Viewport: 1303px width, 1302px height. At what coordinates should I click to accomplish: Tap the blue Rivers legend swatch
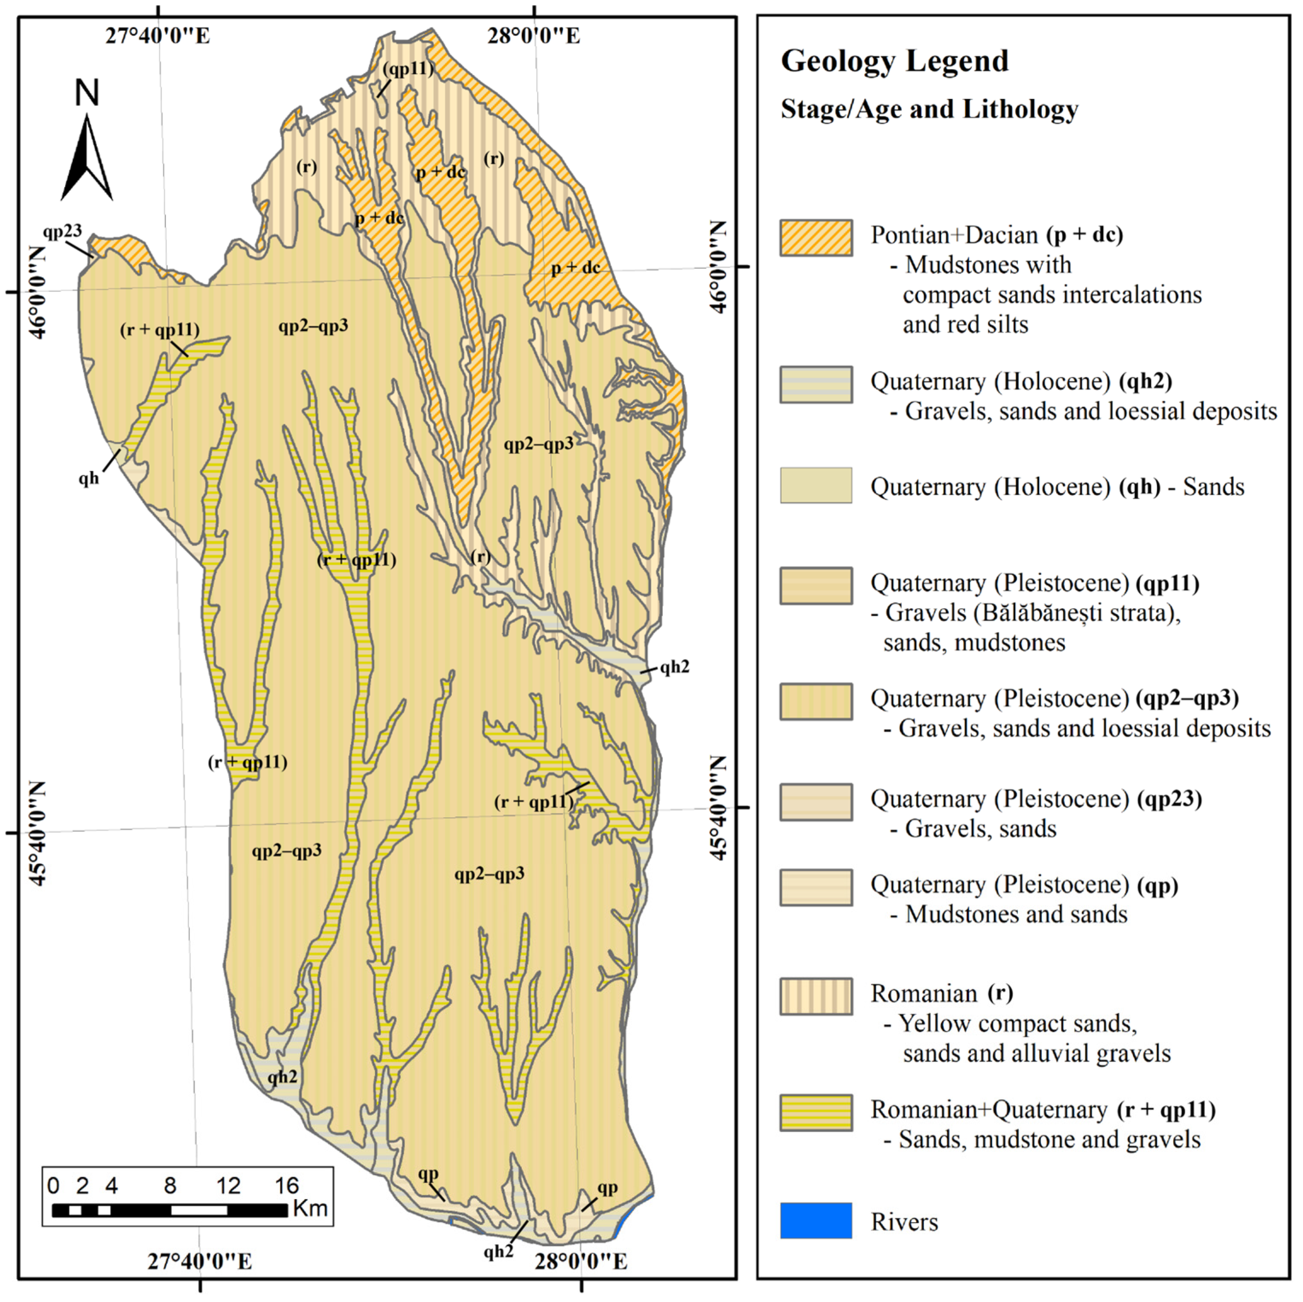tap(816, 1220)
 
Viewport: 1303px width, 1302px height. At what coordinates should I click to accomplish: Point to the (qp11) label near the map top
tap(407, 69)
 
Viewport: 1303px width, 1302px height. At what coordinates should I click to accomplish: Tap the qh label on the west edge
tap(88, 478)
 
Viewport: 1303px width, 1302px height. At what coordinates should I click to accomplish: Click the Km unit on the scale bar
tap(310, 1208)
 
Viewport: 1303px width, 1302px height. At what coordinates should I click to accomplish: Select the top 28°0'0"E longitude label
tap(533, 36)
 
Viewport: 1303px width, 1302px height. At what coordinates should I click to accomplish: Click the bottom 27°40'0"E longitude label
tap(200, 1261)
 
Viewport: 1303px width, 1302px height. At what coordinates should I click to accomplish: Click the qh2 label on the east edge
tap(674, 667)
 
